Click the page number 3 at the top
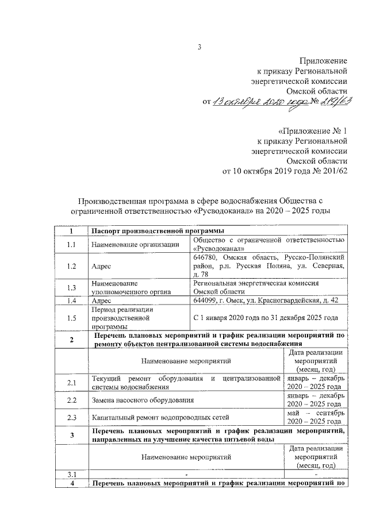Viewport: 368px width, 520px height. point(198,48)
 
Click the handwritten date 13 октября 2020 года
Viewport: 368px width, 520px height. point(260,103)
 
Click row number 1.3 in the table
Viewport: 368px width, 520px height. point(71,287)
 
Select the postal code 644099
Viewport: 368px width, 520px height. point(206,301)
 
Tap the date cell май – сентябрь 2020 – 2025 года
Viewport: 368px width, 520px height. point(316,417)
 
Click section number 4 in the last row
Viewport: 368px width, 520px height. point(71,483)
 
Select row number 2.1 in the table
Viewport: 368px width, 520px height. point(71,382)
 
